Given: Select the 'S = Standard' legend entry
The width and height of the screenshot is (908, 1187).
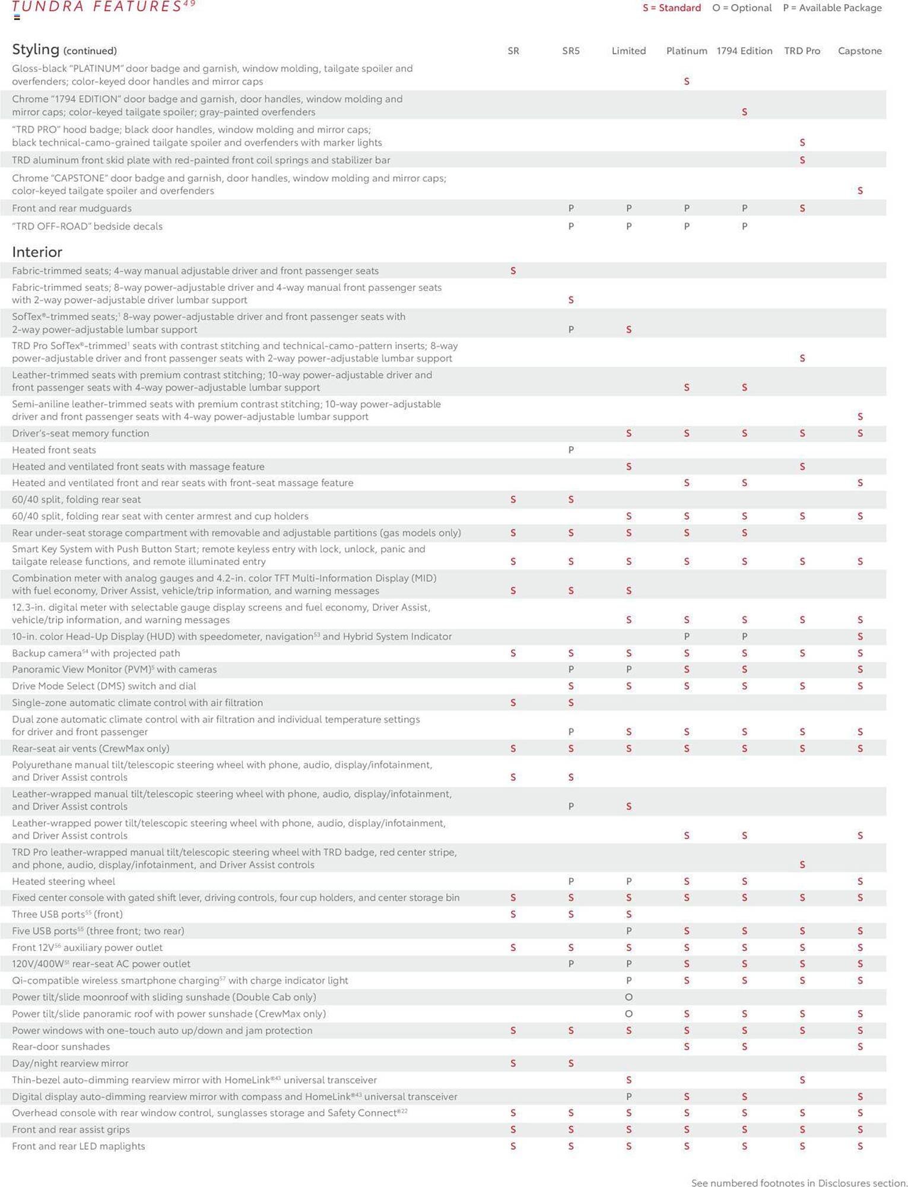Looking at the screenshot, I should coord(671,8).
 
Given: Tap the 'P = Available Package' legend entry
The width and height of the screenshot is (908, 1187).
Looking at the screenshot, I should coord(831,8).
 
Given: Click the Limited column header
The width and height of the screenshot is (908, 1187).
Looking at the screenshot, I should coord(628,51).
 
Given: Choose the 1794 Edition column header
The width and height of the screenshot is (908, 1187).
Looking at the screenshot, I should coord(744,51).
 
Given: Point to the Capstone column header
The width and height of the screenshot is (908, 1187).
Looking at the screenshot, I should coord(859,51).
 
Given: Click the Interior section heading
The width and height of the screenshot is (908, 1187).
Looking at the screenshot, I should coord(37,252).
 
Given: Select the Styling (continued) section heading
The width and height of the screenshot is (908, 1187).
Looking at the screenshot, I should coord(64,49).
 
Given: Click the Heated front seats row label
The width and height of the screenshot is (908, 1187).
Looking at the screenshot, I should coord(54,450).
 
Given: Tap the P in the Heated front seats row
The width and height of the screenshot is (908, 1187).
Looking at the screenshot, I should coord(571,450).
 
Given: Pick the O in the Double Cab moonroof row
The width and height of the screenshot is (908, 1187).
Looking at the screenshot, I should coord(628,997).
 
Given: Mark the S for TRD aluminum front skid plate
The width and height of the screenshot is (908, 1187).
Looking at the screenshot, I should coord(802,160).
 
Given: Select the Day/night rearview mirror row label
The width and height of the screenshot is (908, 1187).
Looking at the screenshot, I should coord(70,1063).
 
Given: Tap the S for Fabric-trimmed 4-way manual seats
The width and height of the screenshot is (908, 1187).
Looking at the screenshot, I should coord(513,271).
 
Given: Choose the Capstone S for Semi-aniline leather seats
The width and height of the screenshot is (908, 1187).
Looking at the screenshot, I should coord(860,417).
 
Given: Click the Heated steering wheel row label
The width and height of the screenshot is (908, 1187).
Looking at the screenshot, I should coord(64,881).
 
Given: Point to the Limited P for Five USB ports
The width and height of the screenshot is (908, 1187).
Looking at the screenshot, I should coord(628,931).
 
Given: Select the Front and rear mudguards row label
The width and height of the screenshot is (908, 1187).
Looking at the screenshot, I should coord(72,208).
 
